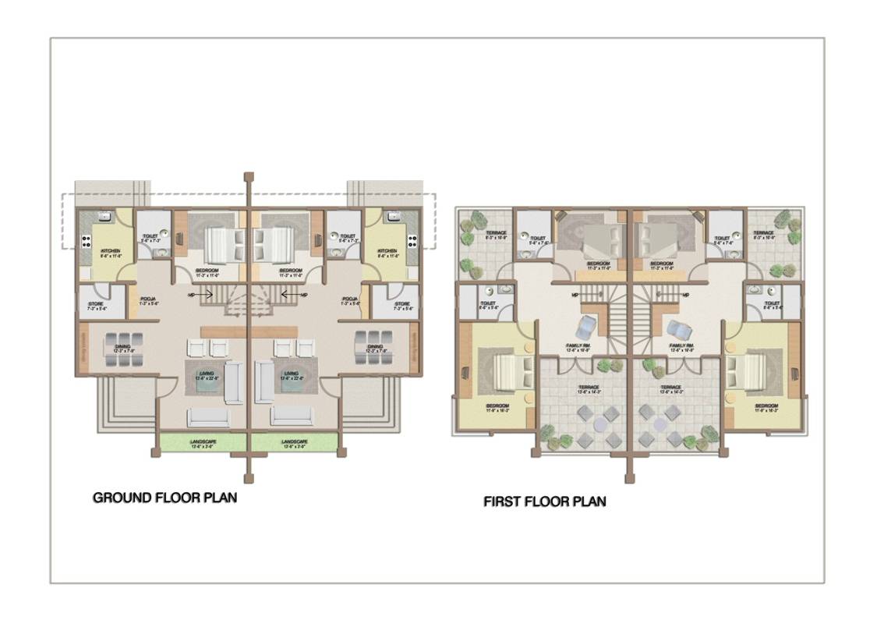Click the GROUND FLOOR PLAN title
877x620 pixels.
[164, 498]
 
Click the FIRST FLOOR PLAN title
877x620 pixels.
[544, 501]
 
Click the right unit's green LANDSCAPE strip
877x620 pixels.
[295, 443]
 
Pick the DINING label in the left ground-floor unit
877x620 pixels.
[123, 348]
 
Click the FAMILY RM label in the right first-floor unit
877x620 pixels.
[681, 346]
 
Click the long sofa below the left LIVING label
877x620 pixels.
[208, 417]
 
